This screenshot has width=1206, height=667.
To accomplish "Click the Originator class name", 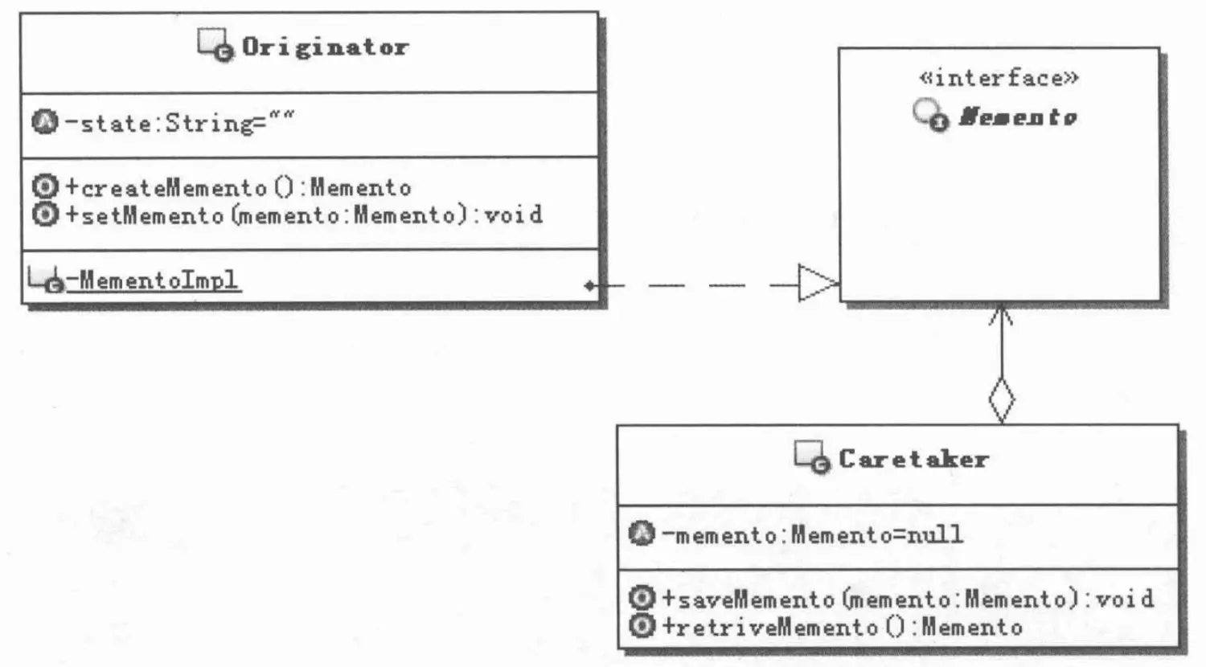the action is pyautogui.click(x=326, y=47).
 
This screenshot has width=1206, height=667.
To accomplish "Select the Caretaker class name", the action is pyautogui.click(x=913, y=459).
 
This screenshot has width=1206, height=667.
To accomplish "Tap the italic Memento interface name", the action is pyautogui.click(x=1018, y=117).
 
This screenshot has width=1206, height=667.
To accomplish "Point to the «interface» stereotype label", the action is pyautogui.click(x=999, y=78).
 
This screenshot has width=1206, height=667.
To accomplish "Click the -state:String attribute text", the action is pyautogui.click(x=179, y=123).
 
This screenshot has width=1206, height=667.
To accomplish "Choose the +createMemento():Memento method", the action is pyautogui.click(x=238, y=188).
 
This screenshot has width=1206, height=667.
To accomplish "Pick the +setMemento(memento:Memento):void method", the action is pyautogui.click(x=304, y=215).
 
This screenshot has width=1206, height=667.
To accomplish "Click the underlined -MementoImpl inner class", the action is pyautogui.click(x=153, y=280).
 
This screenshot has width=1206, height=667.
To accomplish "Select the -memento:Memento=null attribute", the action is pyautogui.click(x=812, y=534).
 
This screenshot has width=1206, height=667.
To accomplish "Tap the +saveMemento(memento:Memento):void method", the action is pyautogui.click(x=908, y=599).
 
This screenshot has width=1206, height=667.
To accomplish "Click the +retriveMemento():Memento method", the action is pyautogui.click(x=842, y=627).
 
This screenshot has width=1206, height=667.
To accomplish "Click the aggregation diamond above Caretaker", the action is pyautogui.click(x=1001, y=399).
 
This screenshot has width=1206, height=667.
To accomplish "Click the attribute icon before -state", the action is pyautogui.click(x=45, y=122).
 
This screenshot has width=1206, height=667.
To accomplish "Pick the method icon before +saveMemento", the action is pyautogui.click(x=642, y=598).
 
